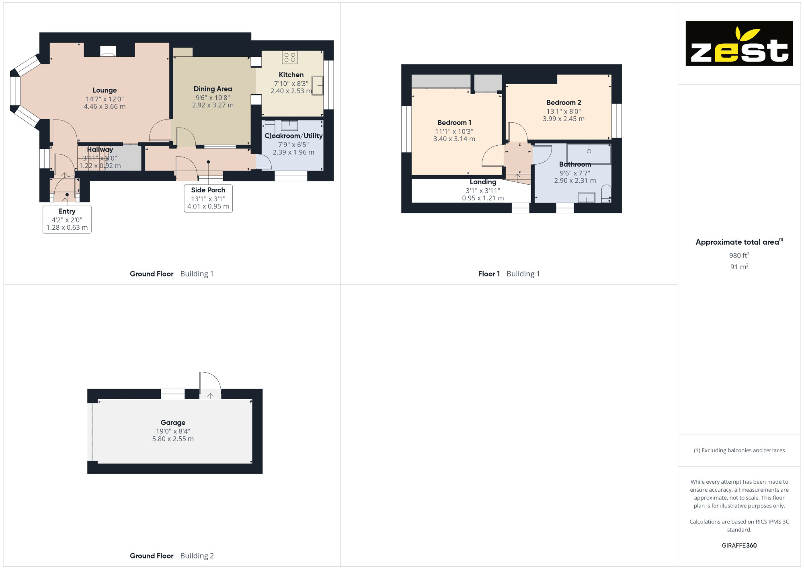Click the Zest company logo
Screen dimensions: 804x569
point(739,43)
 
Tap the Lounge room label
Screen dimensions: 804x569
point(105,91)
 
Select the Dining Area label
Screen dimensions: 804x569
point(213,89)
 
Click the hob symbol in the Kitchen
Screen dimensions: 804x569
point(289,57)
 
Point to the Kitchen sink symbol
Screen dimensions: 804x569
point(317,86)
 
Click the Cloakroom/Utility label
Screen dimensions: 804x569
point(293,136)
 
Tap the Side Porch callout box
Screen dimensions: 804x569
point(208,198)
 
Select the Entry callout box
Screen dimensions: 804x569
point(67,219)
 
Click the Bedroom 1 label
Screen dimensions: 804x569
point(454,123)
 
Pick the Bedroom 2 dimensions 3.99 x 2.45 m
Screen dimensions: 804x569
point(564,119)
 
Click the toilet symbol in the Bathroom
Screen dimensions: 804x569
point(606,193)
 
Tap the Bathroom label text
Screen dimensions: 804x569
point(575,165)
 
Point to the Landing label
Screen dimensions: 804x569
point(483,182)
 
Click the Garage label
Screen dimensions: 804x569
point(173,423)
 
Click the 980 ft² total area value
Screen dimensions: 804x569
point(739,255)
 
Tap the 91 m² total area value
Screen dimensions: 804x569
point(739,267)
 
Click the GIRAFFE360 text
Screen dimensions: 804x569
point(739,546)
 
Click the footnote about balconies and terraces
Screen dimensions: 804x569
point(739,450)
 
